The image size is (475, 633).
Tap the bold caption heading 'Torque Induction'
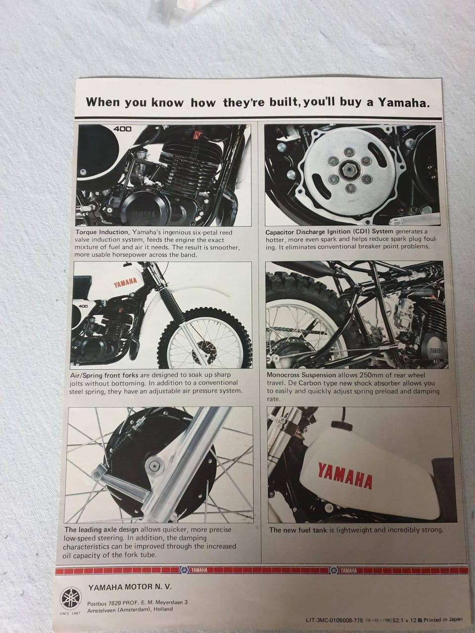tap(102, 232)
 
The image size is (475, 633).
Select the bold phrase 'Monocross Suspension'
tap(301, 375)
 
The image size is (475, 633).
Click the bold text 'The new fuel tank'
tap(298, 530)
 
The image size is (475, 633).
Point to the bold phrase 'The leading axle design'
tap(101, 530)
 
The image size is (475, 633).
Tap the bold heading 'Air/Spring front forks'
tap(104, 375)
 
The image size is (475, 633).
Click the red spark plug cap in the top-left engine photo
tap(197, 134)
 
